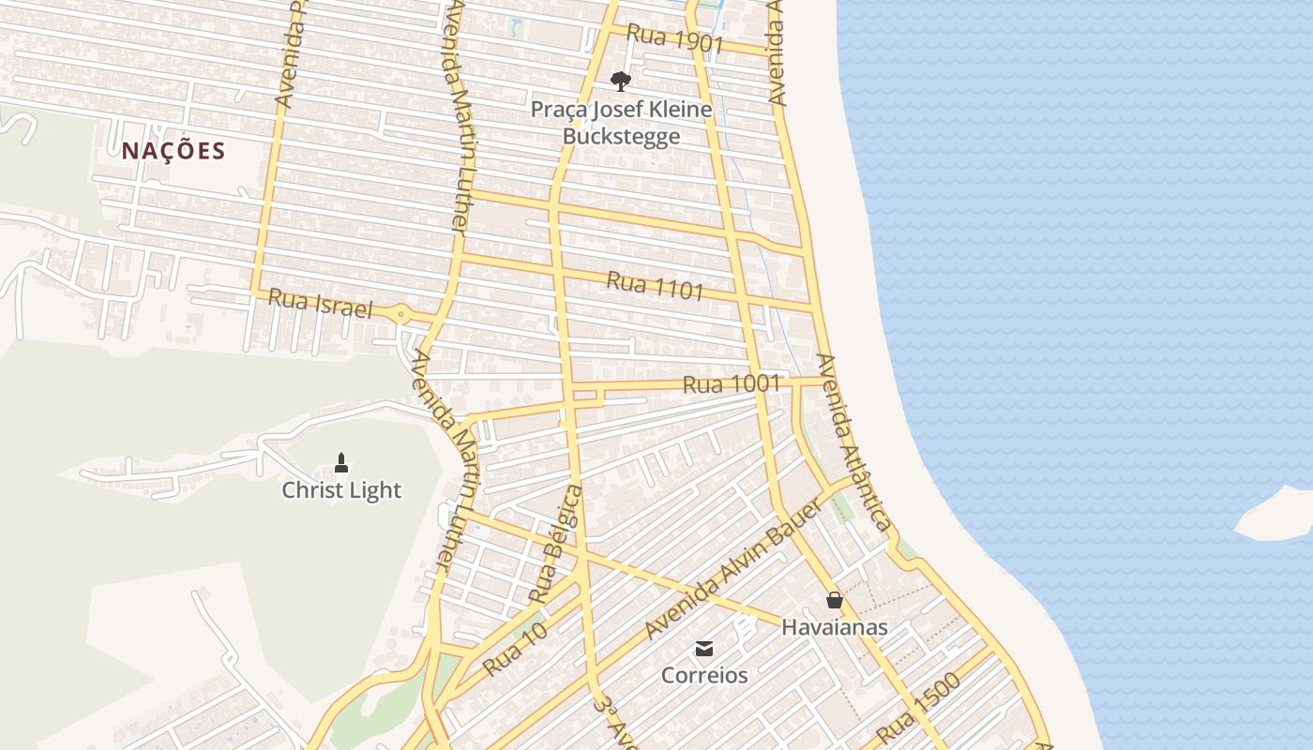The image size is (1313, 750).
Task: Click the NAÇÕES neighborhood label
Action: click(x=174, y=151)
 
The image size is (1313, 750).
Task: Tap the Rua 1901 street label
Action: click(x=674, y=39)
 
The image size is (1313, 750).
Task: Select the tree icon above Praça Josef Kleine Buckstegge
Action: click(x=620, y=81)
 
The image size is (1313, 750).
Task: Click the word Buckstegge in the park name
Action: click(x=621, y=137)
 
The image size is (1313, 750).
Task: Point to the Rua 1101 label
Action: click(x=655, y=285)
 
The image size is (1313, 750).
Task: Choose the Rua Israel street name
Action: click(x=321, y=305)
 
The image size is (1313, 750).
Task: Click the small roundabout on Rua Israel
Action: click(x=401, y=314)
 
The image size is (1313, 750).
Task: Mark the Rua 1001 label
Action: click(x=732, y=384)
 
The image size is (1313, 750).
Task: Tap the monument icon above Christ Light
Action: click(x=341, y=462)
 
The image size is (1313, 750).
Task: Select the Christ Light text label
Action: click(x=341, y=490)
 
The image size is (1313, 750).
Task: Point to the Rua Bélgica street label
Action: click(x=557, y=544)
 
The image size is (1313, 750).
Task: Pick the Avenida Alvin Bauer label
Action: click(x=733, y=569)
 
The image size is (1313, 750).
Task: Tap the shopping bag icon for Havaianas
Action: click(x=835, y=600)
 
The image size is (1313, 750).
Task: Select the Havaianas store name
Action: click(x=835, y=627)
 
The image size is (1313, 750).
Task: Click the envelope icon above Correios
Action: click(x=704, y=649)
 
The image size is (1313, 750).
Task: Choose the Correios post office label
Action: click(x=704, y=675)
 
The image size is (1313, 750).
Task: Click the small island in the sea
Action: click(x=1275, y=515)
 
